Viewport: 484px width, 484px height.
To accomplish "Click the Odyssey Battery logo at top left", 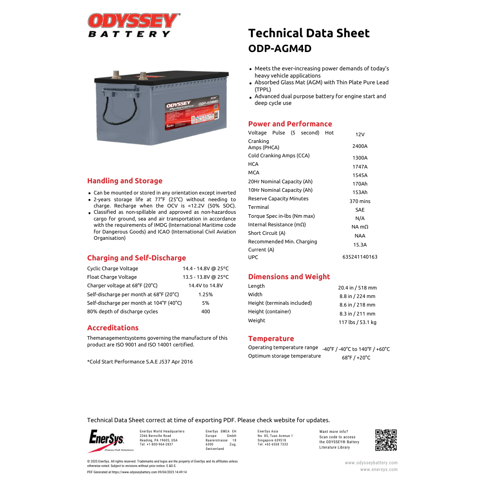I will [x=134, y=25].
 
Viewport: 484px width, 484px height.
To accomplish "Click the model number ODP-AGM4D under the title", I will [x=280, y=48].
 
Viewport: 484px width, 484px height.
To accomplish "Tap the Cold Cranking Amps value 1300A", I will [x=359, y=158].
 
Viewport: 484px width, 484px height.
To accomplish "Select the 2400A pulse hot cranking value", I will [x=359, y=146].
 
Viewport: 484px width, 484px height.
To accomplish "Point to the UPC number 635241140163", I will [x=359, y=257].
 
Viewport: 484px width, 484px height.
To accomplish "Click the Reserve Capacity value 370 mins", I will [x=359, y=201].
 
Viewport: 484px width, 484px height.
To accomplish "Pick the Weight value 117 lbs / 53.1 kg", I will [x=357, y=322].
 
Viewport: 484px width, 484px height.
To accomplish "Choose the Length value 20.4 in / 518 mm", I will [x=357, y=288].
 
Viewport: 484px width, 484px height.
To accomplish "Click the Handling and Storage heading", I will [x=125, y=181].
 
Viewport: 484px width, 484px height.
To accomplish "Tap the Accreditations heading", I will [x=113, y=328].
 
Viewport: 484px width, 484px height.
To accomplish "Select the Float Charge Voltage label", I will [x=112, y=277].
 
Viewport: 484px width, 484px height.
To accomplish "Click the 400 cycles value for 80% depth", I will [x=206, y=311].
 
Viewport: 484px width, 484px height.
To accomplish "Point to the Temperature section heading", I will [x=271, y=339].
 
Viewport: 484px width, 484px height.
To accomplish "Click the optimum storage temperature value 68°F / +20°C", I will [x=356, y=358].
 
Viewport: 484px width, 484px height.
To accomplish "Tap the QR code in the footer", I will [x=386, y=440].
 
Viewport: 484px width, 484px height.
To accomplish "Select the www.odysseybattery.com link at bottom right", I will [x=371, y=463].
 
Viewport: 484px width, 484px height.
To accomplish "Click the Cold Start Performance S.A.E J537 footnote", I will [x=140, y=362].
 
